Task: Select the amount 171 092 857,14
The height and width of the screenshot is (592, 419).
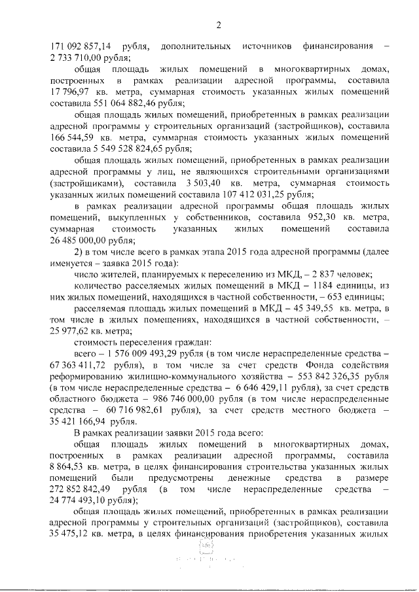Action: click(81, 46)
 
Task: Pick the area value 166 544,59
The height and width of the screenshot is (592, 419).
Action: click(73, 137)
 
